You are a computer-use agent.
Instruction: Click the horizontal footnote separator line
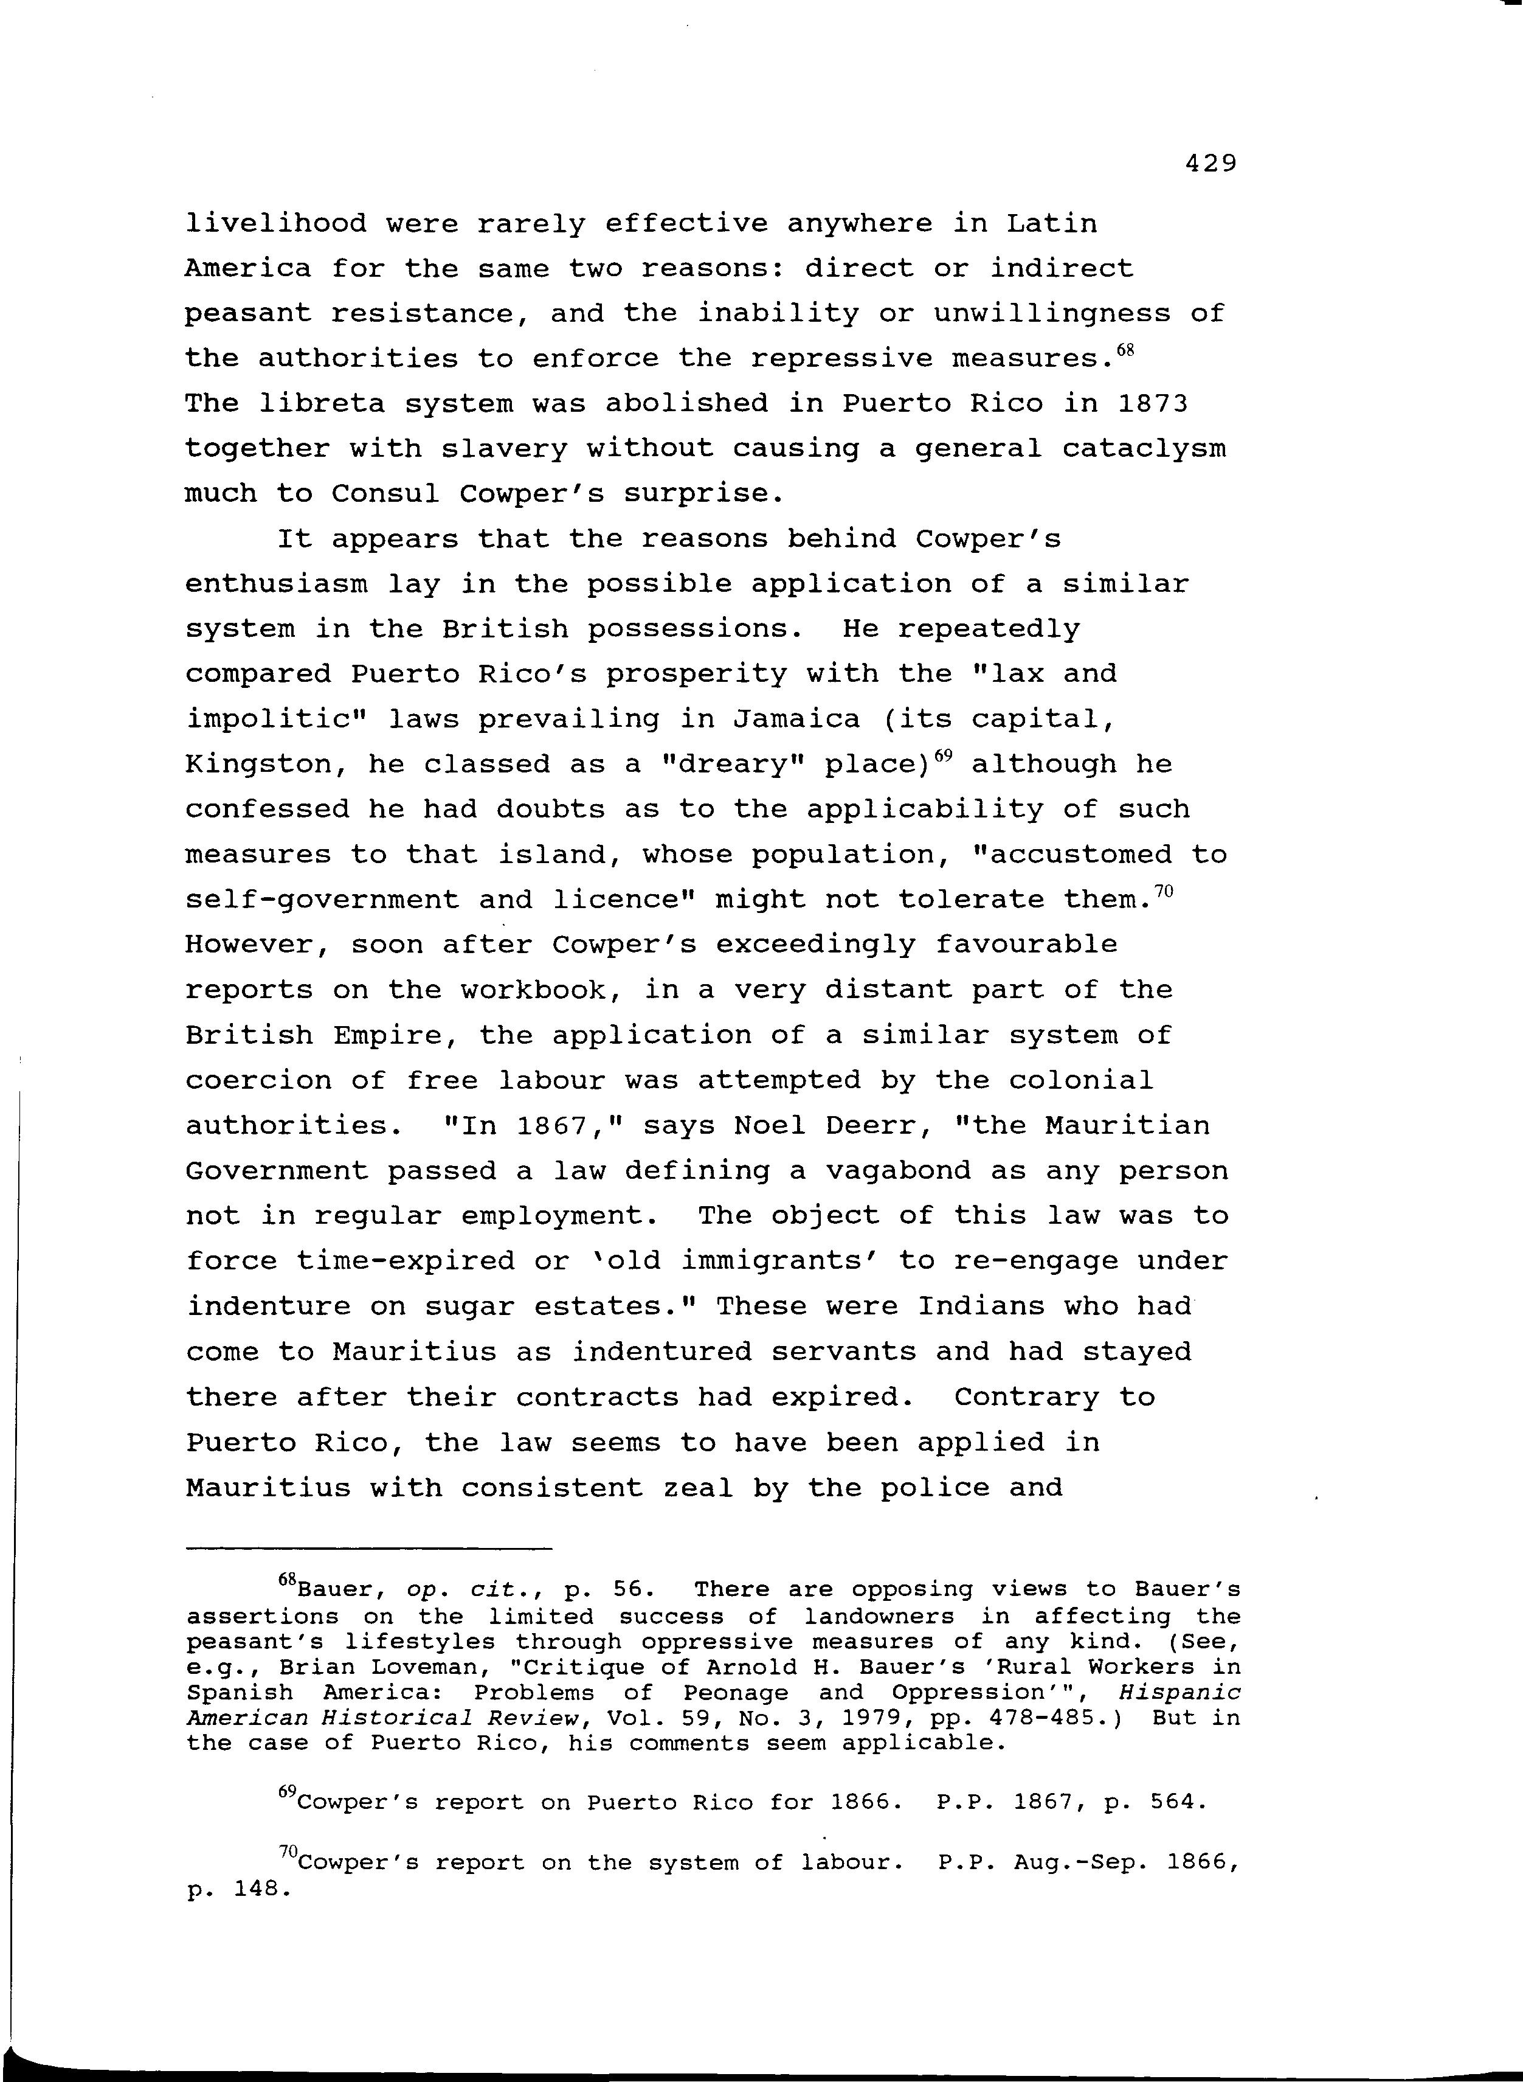(369, 1548)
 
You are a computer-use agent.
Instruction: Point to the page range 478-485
(1038, 1718)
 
